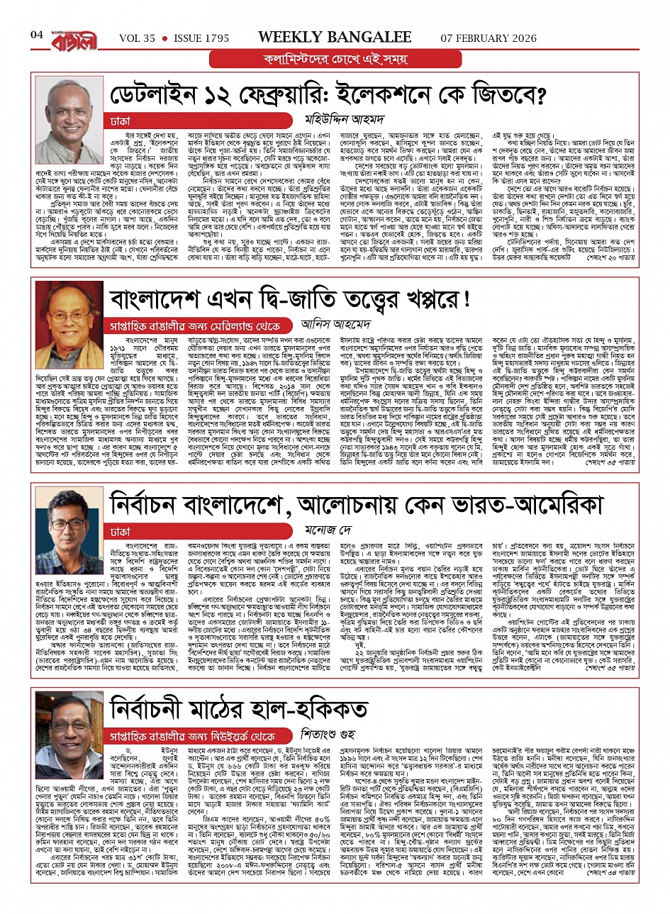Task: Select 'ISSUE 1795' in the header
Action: (x=201, y=37)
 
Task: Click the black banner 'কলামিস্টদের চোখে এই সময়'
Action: (x=335, y=60)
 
